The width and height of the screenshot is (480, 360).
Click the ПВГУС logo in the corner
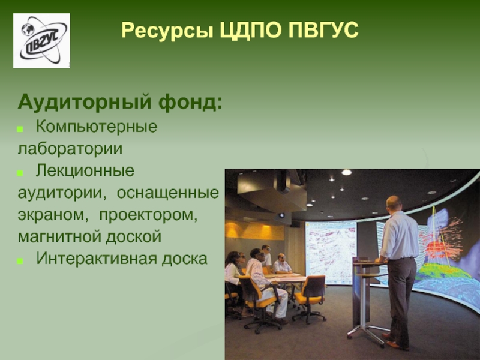41,40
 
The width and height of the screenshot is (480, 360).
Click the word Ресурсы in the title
167,31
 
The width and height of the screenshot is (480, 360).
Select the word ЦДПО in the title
251,31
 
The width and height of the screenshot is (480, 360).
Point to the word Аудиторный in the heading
85,103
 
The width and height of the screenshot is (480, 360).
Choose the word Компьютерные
97,127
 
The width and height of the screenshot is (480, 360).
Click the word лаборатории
70,149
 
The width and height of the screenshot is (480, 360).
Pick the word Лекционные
85,171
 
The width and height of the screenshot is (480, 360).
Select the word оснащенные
168,193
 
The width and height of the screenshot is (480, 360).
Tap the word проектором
148,215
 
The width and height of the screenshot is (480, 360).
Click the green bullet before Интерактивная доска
20,261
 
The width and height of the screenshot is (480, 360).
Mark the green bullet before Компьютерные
20,130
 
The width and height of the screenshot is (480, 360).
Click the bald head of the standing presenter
394,203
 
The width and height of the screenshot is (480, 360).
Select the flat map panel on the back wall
331,253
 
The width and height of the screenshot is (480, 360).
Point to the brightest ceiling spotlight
347,172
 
